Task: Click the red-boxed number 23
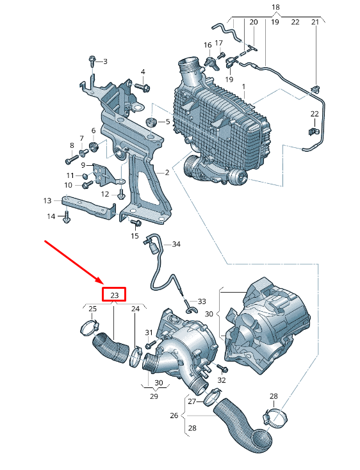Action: (115, 295)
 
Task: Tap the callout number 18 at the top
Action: (275, 7)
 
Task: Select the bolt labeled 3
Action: (91, 61)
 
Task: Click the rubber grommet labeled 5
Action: (152, 122)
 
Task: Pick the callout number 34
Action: (176, 245)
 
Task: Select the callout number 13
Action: (47, 200)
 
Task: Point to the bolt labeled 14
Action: (66, 218)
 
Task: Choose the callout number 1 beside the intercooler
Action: (243, 85)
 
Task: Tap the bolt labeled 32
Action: (222, 369)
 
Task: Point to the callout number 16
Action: (207, 45)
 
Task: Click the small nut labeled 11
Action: (85, 174)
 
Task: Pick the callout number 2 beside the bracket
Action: (167, 172)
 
